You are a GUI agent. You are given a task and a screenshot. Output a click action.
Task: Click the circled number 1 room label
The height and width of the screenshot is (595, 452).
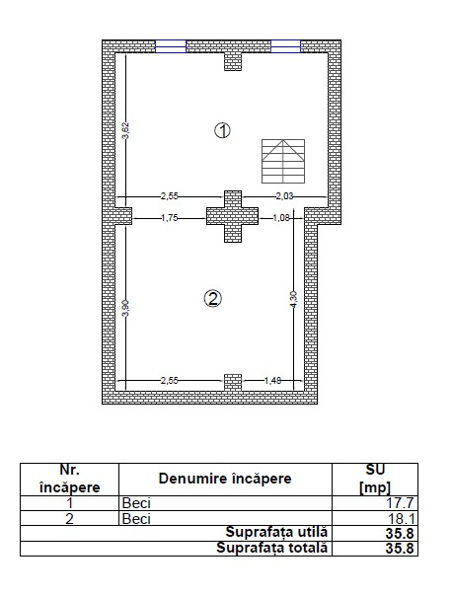(223, 130)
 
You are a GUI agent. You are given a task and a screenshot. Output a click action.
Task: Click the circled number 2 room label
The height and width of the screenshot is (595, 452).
(212, 298)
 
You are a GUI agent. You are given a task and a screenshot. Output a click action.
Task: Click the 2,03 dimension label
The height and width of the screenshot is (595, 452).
(284, 197)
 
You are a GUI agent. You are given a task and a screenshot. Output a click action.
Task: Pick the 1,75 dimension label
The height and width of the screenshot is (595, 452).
(170, 217)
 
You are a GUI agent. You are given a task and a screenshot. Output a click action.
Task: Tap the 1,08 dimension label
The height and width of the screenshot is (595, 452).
(280, 217)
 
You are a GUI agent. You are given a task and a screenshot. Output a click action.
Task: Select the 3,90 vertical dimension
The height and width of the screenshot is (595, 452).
(124, 306)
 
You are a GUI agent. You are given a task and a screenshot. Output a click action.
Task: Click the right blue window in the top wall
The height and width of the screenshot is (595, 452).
(287, 44)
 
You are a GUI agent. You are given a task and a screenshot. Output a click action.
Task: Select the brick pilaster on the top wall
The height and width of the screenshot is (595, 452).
(233, 60)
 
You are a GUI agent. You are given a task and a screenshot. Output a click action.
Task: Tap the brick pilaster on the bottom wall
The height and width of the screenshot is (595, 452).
(232, 382)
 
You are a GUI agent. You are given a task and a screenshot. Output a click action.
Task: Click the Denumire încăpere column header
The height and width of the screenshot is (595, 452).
(225, 479)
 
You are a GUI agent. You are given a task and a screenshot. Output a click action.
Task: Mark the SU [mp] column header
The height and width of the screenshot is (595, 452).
(376, 479)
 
